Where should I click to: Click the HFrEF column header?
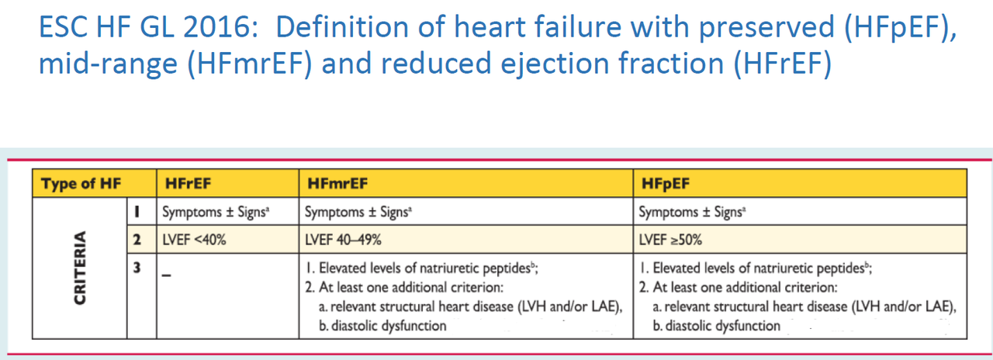(189, 184)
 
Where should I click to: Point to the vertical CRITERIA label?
(79, 268)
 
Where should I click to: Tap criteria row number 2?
(137, 240)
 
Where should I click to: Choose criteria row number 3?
(137, 268)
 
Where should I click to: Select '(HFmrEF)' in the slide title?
(236, 64)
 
